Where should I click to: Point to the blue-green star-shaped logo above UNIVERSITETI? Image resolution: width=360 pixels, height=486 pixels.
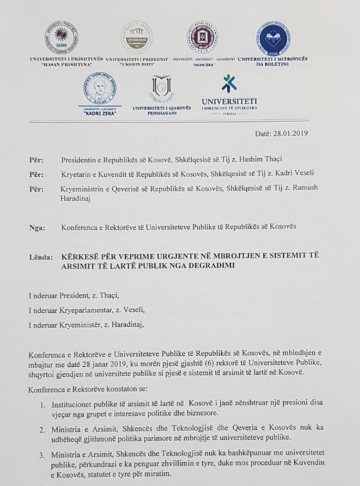[229, 84]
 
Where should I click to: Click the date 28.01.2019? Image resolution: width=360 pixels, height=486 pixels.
[291, 133]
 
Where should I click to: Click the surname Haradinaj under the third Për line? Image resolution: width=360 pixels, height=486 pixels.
[76, 199]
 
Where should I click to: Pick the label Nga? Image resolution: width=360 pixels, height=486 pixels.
[37, 228]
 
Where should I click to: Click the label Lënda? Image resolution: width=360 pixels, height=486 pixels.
[41, 257]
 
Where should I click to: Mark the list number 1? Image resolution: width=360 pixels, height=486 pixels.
[43, 405]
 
